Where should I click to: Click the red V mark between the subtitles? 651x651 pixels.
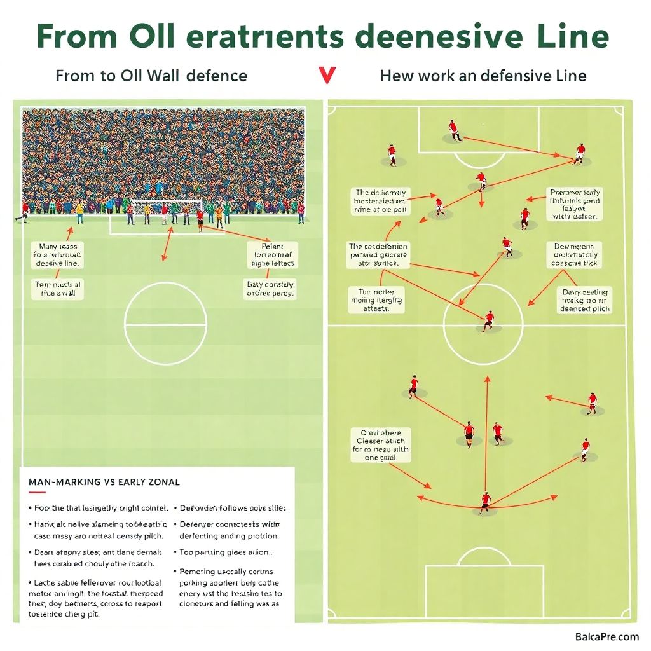coord(327,75)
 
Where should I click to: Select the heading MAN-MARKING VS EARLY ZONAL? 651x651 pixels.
coord(104,483)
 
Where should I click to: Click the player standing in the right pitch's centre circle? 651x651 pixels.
coord(488,320)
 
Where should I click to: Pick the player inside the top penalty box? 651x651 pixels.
coord(454,130)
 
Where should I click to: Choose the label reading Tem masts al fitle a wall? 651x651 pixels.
coord(57,290)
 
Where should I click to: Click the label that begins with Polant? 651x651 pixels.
coord(272,254)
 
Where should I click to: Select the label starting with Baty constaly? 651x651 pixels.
coord(270,289)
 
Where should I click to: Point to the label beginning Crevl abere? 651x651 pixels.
coord(381,444)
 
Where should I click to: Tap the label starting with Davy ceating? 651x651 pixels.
coord(584,300)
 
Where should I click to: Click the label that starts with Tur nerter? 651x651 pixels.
coord(376,300)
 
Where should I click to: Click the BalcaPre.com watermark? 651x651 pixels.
coord(606,636)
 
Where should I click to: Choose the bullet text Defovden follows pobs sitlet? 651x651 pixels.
coord(233,508)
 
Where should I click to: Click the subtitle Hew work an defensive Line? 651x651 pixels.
coord(483,76)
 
